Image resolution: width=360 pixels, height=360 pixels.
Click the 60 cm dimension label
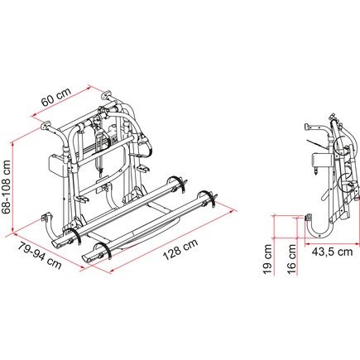tap(56, 97)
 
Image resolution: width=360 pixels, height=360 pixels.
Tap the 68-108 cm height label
tap(6, 187)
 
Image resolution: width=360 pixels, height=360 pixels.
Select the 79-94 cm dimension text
tap(40, 255)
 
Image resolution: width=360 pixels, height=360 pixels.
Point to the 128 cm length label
tap(180, 249)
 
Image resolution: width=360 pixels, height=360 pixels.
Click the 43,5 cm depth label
tap(333, 252)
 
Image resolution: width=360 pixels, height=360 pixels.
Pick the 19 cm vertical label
tap(267, 260)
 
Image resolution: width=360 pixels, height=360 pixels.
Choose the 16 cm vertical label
tap(291, 260)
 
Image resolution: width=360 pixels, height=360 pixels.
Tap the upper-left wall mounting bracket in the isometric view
tap(46, 126)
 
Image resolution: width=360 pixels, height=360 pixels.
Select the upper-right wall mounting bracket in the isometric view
tap(107, 94)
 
